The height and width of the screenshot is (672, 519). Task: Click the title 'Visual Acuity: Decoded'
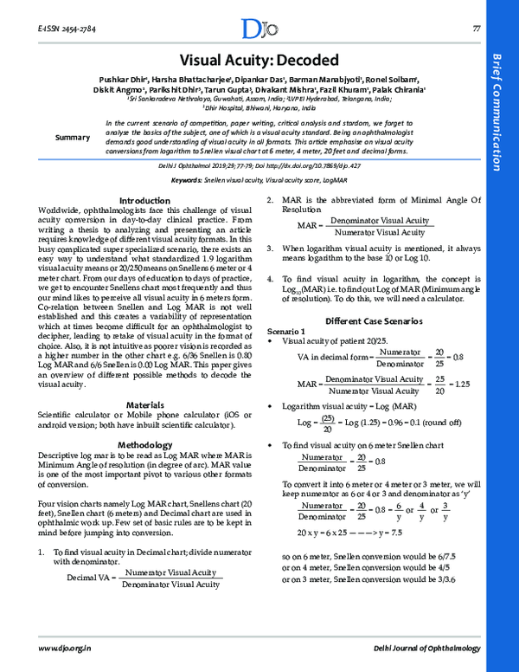pyautogui.click(x=259, y=60)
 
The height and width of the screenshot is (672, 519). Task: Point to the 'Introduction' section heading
pyautogui.click(x=144, y=200)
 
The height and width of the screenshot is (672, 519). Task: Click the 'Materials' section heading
pyautogui.click(x=144, y=404)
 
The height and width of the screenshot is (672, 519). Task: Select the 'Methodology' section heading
pyautogui.click(x=144, y=444)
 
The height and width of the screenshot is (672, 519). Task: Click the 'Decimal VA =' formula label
pyautogui.click(x=92, y=578)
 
